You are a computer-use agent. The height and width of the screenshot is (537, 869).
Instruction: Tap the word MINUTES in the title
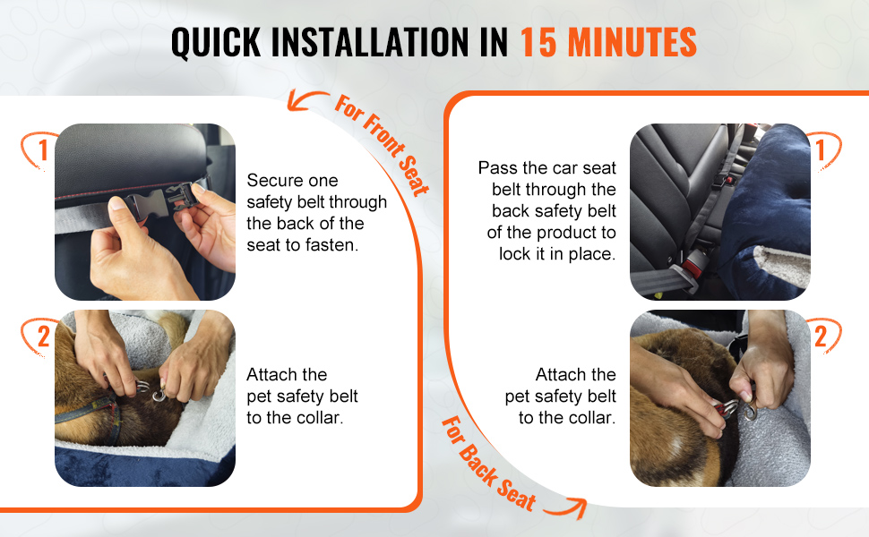tap(632, 43)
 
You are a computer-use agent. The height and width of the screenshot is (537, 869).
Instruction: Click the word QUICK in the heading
tap(216, 43)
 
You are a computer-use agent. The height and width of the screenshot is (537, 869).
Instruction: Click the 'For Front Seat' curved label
tap(383, 145)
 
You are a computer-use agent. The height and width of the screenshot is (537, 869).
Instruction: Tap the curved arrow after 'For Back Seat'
tap(566, 507)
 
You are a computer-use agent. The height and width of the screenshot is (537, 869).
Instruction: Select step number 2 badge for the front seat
tap(39, 336)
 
